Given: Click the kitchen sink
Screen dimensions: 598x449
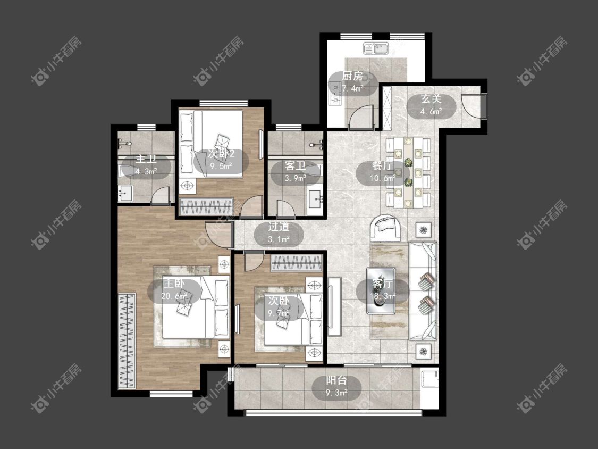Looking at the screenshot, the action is point(376,48).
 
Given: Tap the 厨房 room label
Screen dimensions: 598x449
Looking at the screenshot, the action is point(353,82).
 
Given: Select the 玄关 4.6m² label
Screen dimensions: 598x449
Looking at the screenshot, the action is point(431,105).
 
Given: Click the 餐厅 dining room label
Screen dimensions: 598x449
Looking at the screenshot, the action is point(382,172).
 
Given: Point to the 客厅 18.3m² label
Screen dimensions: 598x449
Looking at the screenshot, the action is point(382,290).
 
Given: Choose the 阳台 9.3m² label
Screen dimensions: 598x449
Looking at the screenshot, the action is point(337,386).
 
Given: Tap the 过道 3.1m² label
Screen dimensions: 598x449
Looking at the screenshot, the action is point(279,233).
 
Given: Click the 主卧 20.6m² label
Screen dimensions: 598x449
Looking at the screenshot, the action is point(174,290).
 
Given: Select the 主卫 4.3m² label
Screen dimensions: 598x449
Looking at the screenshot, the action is point(147,165).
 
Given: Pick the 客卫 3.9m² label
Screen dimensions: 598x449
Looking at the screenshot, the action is point(295,172).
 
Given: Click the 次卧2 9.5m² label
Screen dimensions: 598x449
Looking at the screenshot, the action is point(221,160).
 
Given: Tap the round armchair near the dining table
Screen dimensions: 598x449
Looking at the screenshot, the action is point(385,228).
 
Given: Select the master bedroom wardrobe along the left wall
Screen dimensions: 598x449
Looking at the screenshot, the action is point(127,341).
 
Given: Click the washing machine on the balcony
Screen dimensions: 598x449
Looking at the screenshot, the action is point(430,378).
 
